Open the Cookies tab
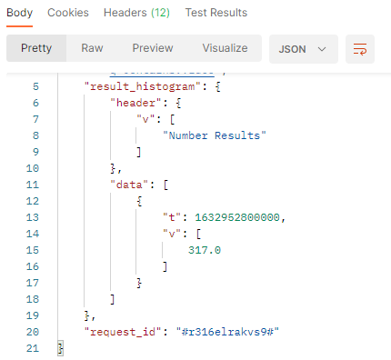(x=68, y=14)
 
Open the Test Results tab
(x=218, y=14)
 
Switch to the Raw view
(x=92, y=48)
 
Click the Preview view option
(x=152, y=48)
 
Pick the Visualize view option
(x=225, y=48)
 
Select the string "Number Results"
(x=214, y=135)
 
